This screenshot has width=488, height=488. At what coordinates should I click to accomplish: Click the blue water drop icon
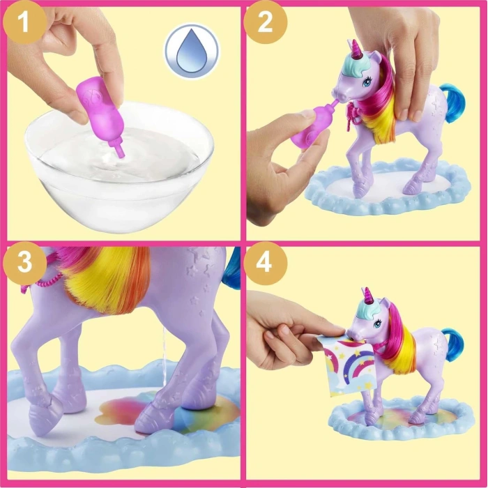point(192,52)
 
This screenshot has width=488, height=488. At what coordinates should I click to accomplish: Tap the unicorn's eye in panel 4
point(377,323)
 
